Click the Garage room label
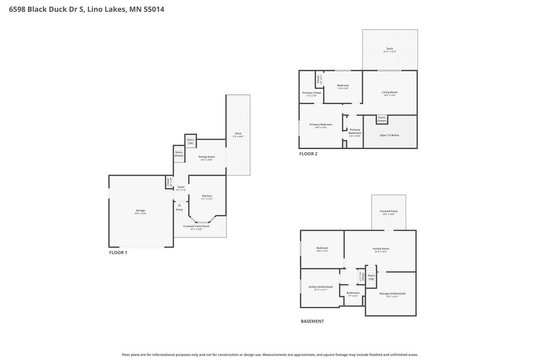pos(140,211)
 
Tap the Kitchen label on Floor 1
pos(207,196)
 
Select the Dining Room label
pos(207,157)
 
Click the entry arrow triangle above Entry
pos(179,205)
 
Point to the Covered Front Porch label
pos(196,226)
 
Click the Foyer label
pos(181,187)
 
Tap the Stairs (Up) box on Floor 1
pos(190,141)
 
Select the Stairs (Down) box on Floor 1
pos(179,154)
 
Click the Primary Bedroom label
pos(321,125)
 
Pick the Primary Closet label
pos(312,93)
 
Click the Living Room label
pos(390,93)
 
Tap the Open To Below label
pos(390,135)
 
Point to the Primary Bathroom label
pos(355,131)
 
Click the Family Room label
pos(381,249)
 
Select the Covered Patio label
pos(388,211)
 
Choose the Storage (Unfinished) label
pos(392,294)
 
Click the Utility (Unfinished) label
pos(320,287)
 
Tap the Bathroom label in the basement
pos(353,293)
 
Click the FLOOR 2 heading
pos(308,154)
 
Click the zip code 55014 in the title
pos(154,9)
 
